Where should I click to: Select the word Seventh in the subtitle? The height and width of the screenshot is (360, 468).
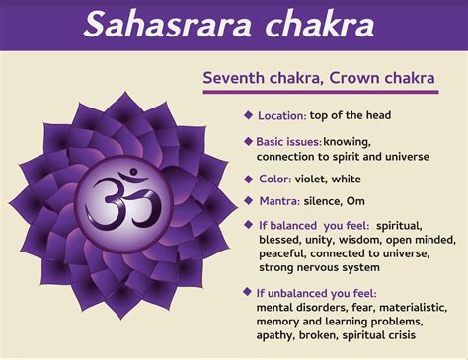234,78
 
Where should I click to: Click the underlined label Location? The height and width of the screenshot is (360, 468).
281,115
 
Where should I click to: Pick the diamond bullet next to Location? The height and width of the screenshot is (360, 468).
248,114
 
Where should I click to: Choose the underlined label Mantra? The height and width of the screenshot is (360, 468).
280,201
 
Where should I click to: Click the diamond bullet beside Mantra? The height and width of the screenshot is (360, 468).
248,200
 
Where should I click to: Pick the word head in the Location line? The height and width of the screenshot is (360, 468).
376,115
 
